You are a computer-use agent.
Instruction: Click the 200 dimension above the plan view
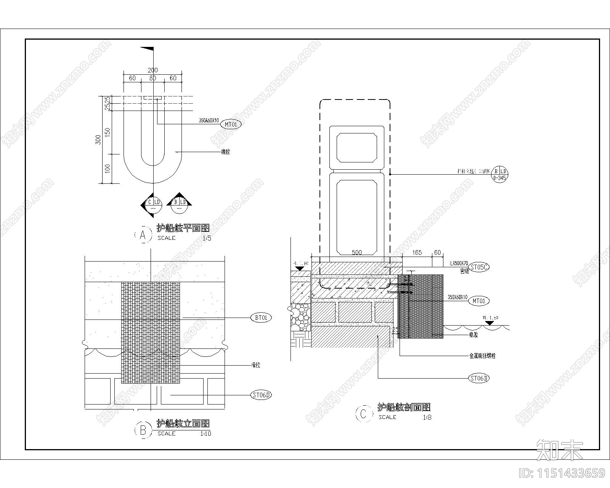[x=152, y=70]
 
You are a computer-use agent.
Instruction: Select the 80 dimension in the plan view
[x=152, y=78]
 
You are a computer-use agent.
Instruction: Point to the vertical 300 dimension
[x=98, y=140]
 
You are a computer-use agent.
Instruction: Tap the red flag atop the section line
[x=148, y=49]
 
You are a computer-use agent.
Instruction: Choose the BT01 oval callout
[x=261, y=317]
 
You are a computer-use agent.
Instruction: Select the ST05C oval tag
[x=479, y=267]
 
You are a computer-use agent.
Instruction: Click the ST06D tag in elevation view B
[x=261, y=395]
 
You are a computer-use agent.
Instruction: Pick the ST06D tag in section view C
[x=479, y=378]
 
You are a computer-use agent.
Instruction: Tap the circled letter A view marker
[x=143, y=235]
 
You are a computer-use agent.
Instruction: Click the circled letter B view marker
[x=143, y=430]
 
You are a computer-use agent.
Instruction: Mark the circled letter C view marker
[x=363, y=414]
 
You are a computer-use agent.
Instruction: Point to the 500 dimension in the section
[x=357, y=252]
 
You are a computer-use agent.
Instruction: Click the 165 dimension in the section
[x=417, y=252]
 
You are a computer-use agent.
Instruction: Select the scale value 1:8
[x=427, y=417]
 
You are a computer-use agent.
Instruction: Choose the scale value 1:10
[x=206, y=433]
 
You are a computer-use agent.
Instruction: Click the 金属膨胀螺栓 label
[x=482, y=356]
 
